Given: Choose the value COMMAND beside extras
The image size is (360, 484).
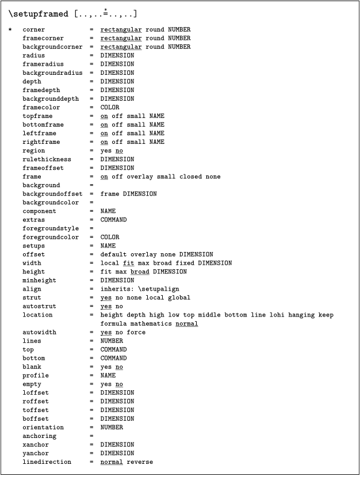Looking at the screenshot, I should click(114, 220).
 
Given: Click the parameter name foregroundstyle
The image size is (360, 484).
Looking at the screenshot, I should click(51, 228).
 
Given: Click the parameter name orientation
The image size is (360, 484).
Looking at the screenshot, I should click(44, 427).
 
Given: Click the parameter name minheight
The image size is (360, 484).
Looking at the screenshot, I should click(40, 280).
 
